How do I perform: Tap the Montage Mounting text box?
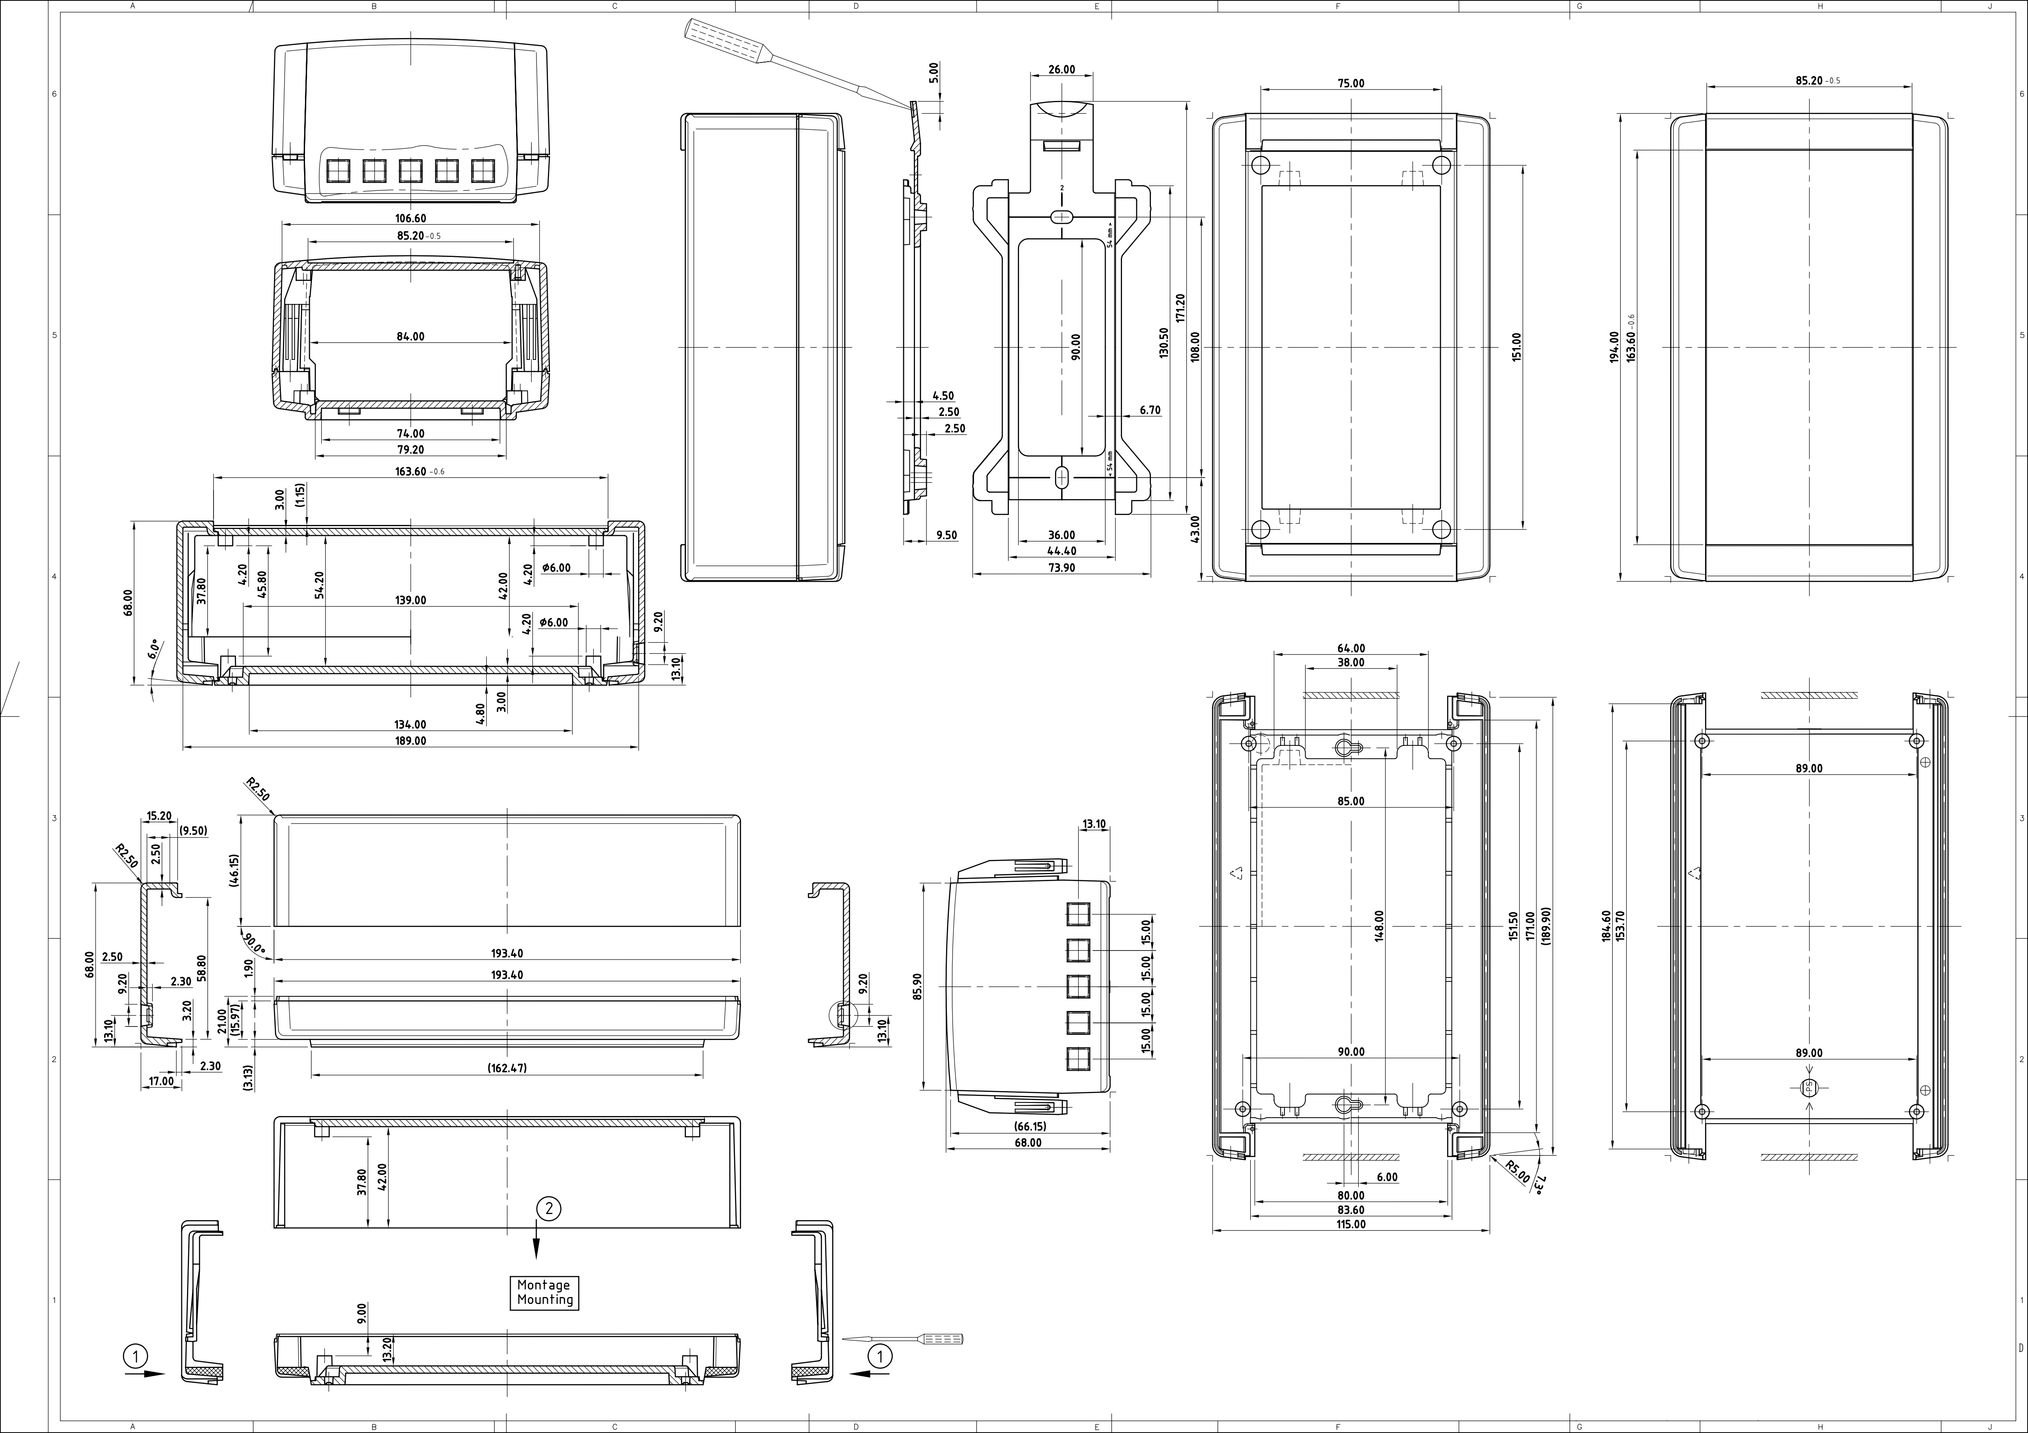tap(544, 1292)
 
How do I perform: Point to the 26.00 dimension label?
tap(1062, 70)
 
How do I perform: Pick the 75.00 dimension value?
tap(1351, 84)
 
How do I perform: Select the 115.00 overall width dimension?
tap(1351, 1225)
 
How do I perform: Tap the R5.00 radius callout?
tap(1518, 1172)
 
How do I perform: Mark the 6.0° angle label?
tap(156, 650)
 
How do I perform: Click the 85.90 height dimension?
tap(917, 986)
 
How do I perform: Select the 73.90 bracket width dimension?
tap(1062, 568)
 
